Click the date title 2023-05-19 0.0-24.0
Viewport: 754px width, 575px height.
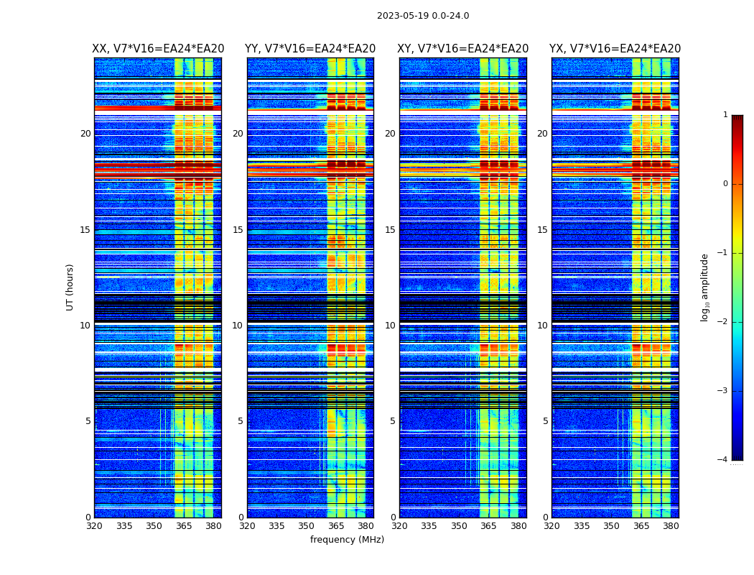point(423,16)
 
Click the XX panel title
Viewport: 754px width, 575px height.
point(158,49)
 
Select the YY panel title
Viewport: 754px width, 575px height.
point(310,49)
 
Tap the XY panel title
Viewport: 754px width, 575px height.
point(463,49)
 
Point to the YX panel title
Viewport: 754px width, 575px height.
point(615,49)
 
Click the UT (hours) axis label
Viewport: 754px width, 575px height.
point(70,287)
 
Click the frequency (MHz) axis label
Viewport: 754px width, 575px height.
point(347,540)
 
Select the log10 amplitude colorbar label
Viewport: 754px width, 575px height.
point(705,287)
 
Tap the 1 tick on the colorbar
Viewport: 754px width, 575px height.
point(725,115)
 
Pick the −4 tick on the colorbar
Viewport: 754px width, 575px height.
point(723,460)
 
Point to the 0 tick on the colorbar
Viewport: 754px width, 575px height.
point(725,184)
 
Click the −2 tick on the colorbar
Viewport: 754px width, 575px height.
point(723,322)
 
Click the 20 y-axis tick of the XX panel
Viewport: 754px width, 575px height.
point(85,134)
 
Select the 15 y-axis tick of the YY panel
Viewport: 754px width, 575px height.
point(238,230)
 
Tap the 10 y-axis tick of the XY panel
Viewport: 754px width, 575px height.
point(390,326)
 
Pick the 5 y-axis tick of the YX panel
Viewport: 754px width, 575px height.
point(546,421)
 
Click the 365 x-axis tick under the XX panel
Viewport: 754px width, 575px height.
point(184,526)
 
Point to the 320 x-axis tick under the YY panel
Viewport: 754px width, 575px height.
point(247,526)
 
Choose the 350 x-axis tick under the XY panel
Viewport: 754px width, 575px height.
point(459,526)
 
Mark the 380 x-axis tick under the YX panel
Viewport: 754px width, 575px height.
point(671,526)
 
